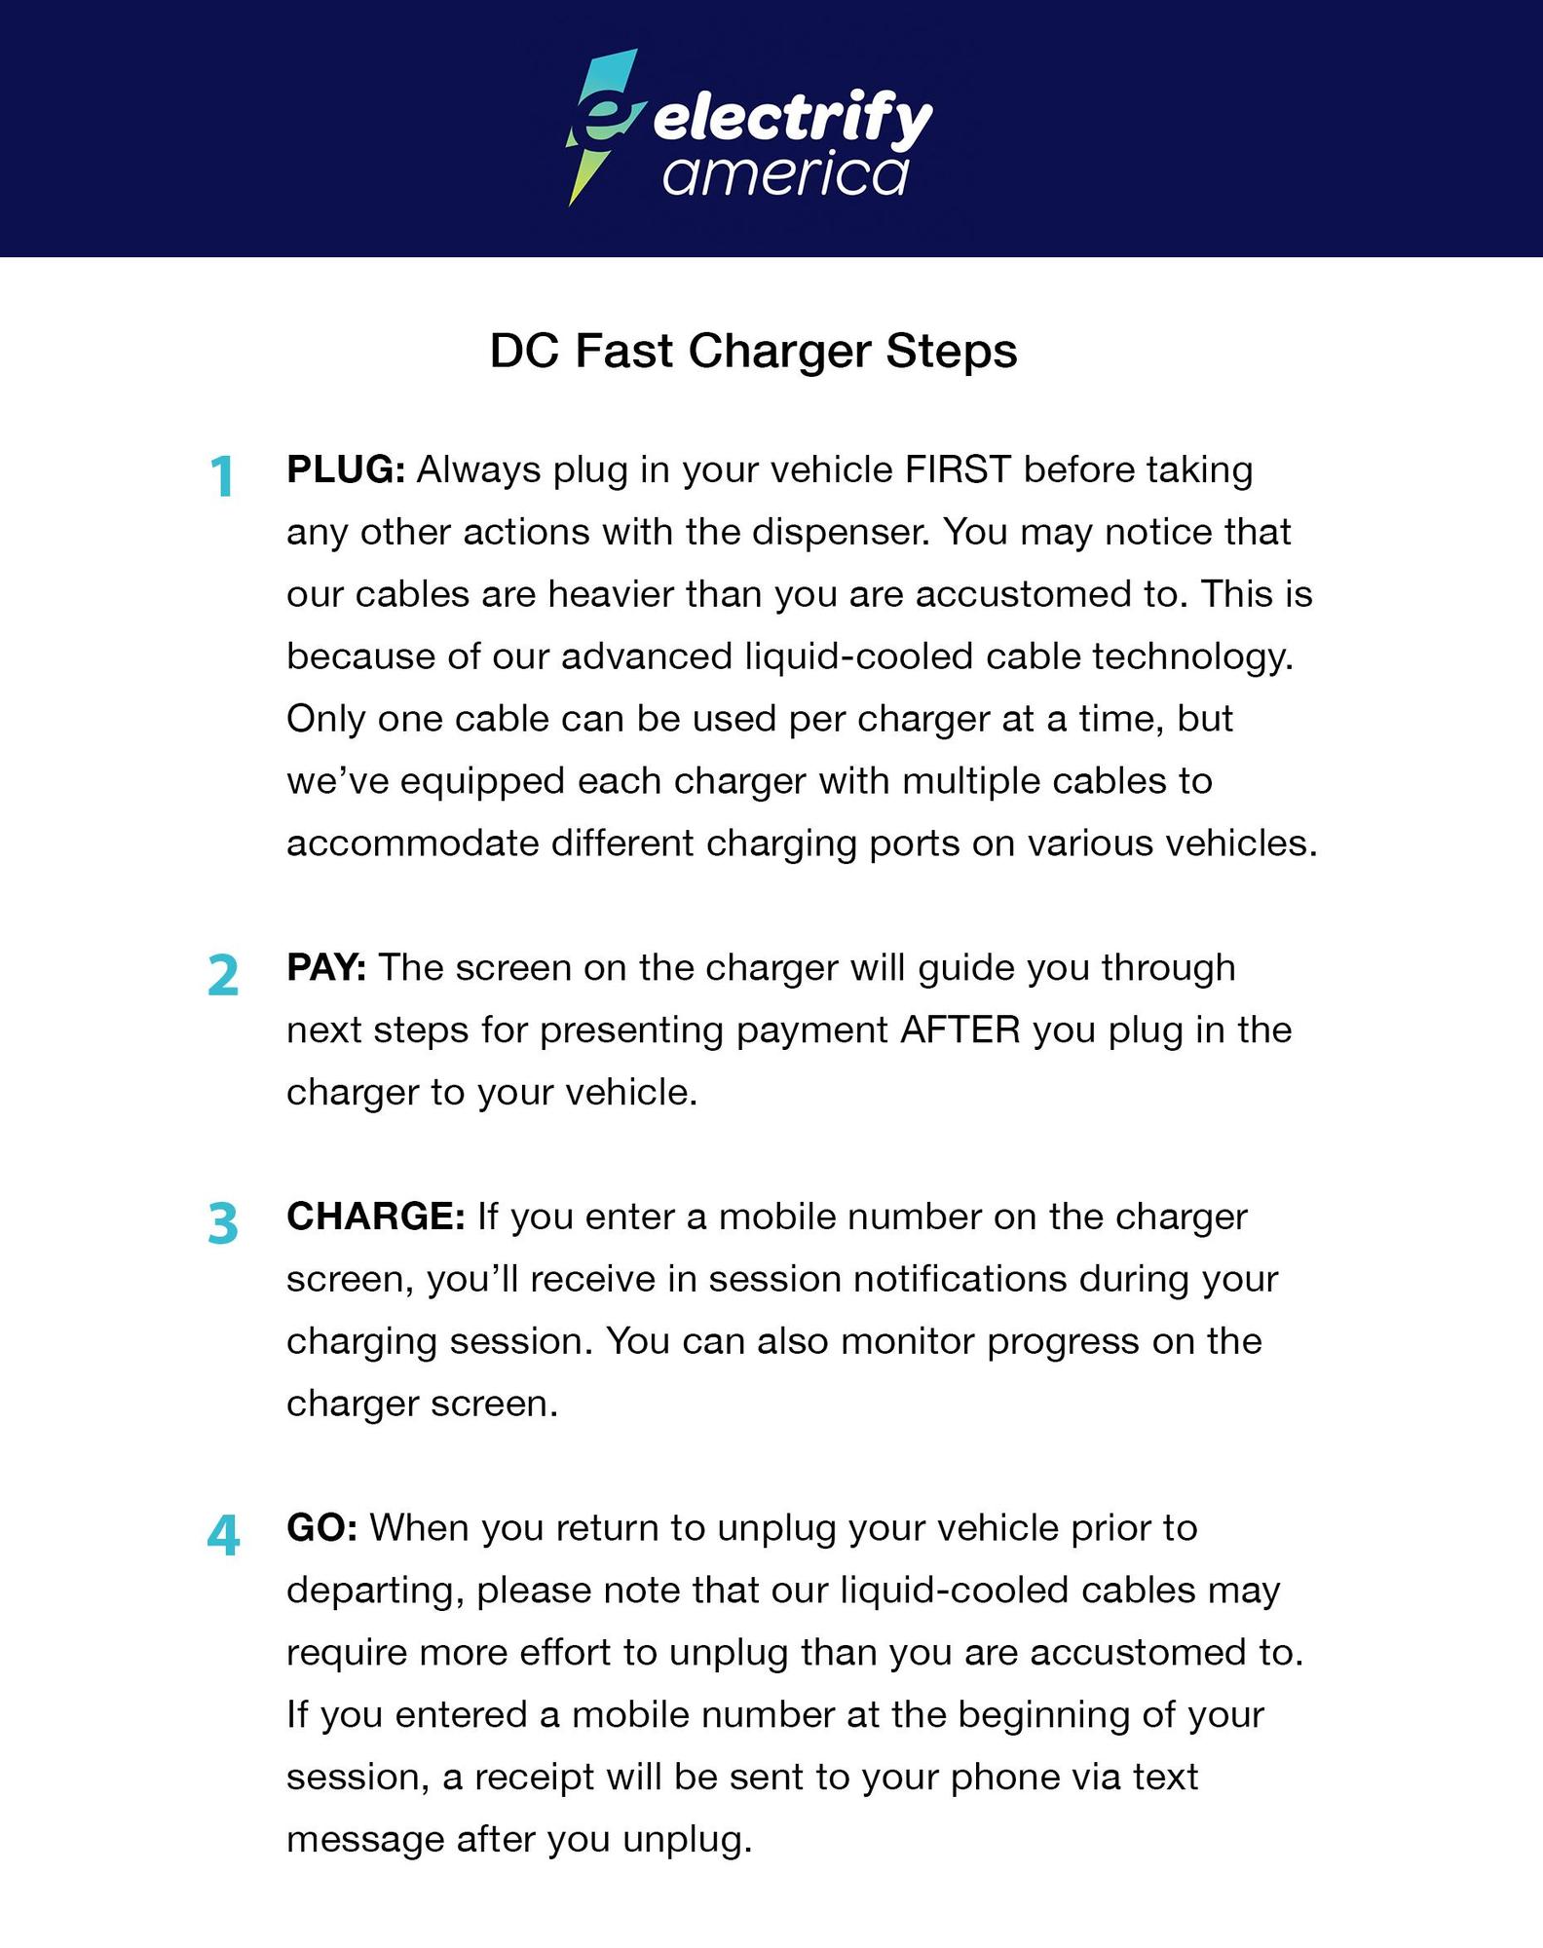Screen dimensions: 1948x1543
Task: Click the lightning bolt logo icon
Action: [x=602, y=127]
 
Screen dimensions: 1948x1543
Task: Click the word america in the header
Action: [x=785, y=176]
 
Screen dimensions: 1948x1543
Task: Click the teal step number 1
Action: [x=223, y=477]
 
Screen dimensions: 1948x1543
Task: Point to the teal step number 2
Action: [x=223, y=975]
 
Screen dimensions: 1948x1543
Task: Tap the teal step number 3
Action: [x=223, y=1224]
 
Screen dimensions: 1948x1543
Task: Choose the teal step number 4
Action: [x=223, y=1536]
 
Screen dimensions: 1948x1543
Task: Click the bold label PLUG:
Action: [x=346, y=470]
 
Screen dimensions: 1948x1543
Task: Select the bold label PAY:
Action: [x=326, y=968]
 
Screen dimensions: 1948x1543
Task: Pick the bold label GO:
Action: [x=322, y=1528]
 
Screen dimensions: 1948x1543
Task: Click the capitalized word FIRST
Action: [x=958, y=470]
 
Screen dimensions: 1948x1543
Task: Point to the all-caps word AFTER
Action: [x=960, y=1030]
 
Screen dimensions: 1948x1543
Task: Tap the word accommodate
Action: [x=412, y=843]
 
